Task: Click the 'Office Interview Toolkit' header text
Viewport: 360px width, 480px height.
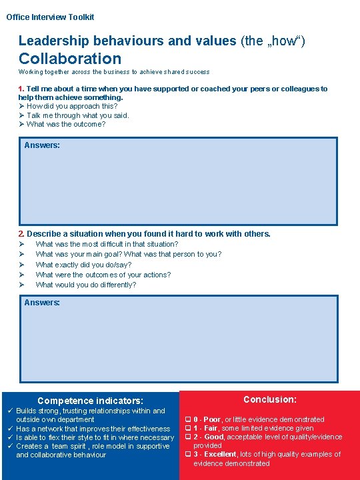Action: pos(50,17)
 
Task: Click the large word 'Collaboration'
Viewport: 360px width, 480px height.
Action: pos(70,59)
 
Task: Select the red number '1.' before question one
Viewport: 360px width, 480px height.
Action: pos(22,89)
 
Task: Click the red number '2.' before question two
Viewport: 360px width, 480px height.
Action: pos(22,233)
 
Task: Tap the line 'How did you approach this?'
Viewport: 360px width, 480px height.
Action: pos(73,106)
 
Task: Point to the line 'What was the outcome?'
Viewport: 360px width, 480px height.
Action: pos(66,124)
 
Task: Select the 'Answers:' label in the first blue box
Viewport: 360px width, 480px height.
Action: pos(42,145)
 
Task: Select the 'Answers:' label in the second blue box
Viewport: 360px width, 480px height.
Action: pos(42,303)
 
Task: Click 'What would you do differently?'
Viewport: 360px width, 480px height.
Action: pos(86,285)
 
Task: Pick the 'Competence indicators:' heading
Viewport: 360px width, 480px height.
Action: pos(90,401)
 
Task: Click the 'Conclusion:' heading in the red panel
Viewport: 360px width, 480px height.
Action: pos(270,399)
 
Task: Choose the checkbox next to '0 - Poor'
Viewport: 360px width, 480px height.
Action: pos(188,419)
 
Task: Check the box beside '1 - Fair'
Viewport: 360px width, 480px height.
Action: pos(188,428)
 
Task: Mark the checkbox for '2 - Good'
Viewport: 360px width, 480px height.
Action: pos(188,437)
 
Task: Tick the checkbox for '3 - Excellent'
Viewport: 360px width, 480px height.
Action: pos(188,454)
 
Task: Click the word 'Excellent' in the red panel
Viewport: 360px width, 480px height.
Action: pos(220,454)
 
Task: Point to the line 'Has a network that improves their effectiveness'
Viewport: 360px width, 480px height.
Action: pos(93,429)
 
